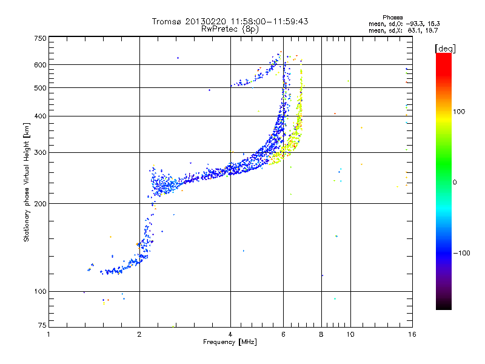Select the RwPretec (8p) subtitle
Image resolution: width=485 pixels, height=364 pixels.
pos(230,29)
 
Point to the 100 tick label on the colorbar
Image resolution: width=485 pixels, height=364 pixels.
pos(463,112)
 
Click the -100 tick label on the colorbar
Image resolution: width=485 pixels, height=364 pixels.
pos(462,253)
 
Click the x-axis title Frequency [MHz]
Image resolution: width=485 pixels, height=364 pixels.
pos(230,343)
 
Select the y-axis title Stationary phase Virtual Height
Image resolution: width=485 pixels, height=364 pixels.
pos(27,182)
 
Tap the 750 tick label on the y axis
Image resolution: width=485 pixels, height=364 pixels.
pos(40,38)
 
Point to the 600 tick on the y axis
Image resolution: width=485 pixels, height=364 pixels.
pos(40,64)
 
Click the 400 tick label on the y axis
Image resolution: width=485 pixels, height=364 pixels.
pos(40,116)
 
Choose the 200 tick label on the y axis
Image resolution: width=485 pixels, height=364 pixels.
pos(40,203)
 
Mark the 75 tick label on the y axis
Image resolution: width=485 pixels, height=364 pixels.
pos(42,326)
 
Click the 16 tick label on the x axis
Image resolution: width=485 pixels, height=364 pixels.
pos(411,334)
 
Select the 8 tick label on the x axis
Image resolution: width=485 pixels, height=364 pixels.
pos(321,334)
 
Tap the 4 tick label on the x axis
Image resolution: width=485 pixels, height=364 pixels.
pos(230,334)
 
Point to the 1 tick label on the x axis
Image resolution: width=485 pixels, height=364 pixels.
pos(49,334)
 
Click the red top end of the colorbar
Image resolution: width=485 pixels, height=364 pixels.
pos(443,56)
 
